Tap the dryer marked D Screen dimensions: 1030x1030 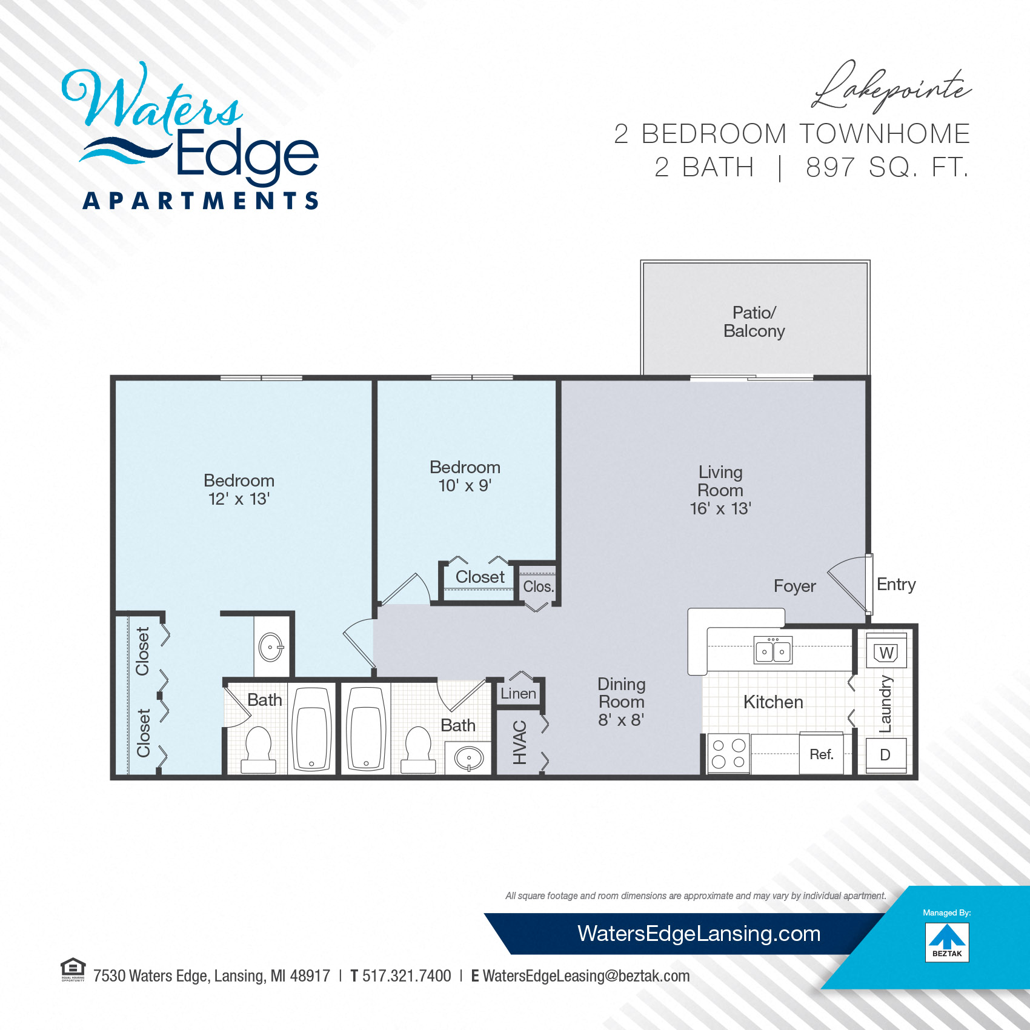[x=886, y=755]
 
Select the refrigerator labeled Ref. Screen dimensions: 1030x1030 [x=821, y=753]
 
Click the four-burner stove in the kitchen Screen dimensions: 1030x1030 [x=729, y=754]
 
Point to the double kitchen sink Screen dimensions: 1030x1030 [x=773, y=650]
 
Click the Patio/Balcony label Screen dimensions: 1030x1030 [x=754, y=322]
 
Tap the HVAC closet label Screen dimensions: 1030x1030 [x=520, y=743]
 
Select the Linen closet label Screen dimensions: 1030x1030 [x=518, y=694]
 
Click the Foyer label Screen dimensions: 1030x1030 [x=794, y=586]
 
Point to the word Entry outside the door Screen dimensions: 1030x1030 [x=896, y=585]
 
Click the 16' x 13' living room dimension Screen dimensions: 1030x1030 [x=720, y=508]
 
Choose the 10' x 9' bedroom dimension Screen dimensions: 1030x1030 [x=465, y=485]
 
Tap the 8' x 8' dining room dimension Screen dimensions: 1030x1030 [x=621, y=720]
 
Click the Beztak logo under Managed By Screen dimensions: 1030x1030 [x=947, y=942]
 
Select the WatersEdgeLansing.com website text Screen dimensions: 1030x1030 [x=699, y=934]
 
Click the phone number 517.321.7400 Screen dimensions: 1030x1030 [x=407, y=976]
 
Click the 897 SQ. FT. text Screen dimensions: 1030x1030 [x=887, y=167]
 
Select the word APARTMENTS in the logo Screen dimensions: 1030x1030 [x=201, y=201]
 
